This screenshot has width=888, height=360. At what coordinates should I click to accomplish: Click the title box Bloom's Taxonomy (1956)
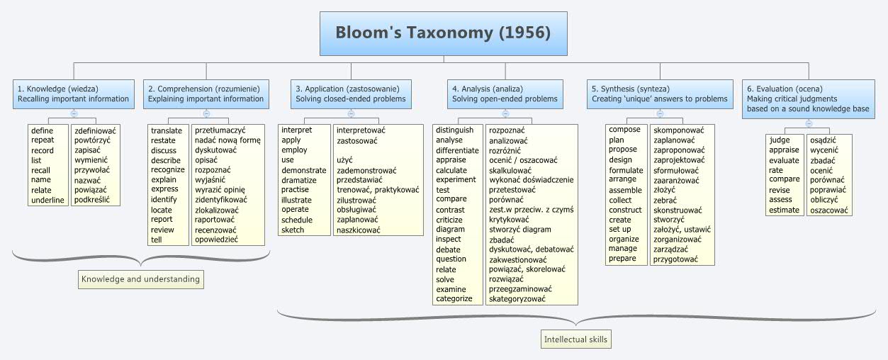(x=443, y=33)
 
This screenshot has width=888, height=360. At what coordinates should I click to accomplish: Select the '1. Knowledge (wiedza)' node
(x=74, y=94)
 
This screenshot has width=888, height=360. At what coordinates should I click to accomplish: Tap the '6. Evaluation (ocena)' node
(x=808, y=99)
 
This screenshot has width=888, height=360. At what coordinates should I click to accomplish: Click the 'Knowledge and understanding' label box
(x=140, y=279)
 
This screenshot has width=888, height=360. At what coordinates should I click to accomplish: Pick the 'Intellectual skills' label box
(x=575, y=339)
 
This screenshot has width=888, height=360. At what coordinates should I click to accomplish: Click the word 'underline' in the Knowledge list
(x=47, y=200)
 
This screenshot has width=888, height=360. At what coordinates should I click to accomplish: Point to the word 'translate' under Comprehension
(x=167, y=130)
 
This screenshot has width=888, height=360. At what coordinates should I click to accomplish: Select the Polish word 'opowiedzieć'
(x=217, y=240)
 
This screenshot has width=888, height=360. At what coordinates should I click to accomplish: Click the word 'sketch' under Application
(x=293, y=230)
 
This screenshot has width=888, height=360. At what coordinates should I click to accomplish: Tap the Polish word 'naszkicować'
(x=359, y=230)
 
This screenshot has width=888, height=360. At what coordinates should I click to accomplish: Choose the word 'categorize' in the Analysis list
(x=454, y=298)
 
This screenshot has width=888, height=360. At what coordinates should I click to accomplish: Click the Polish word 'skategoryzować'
(x=517, y=298)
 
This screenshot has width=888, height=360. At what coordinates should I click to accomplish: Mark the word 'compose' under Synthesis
(x=624, y=130)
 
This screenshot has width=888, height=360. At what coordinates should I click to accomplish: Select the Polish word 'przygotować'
(x=676, y=259)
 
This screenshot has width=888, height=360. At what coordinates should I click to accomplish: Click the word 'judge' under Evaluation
(x=780, y=140)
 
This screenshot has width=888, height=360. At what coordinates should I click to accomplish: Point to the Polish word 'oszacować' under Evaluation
(x=829, y=210)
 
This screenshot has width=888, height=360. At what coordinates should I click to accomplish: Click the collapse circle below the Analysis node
(x=505, y=113)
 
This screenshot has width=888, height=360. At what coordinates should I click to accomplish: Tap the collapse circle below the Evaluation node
(x=808, y=123)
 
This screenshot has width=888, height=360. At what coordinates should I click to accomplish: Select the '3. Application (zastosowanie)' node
(x=351, y=94)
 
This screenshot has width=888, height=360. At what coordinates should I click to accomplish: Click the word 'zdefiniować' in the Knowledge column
(x=96, y=130)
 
